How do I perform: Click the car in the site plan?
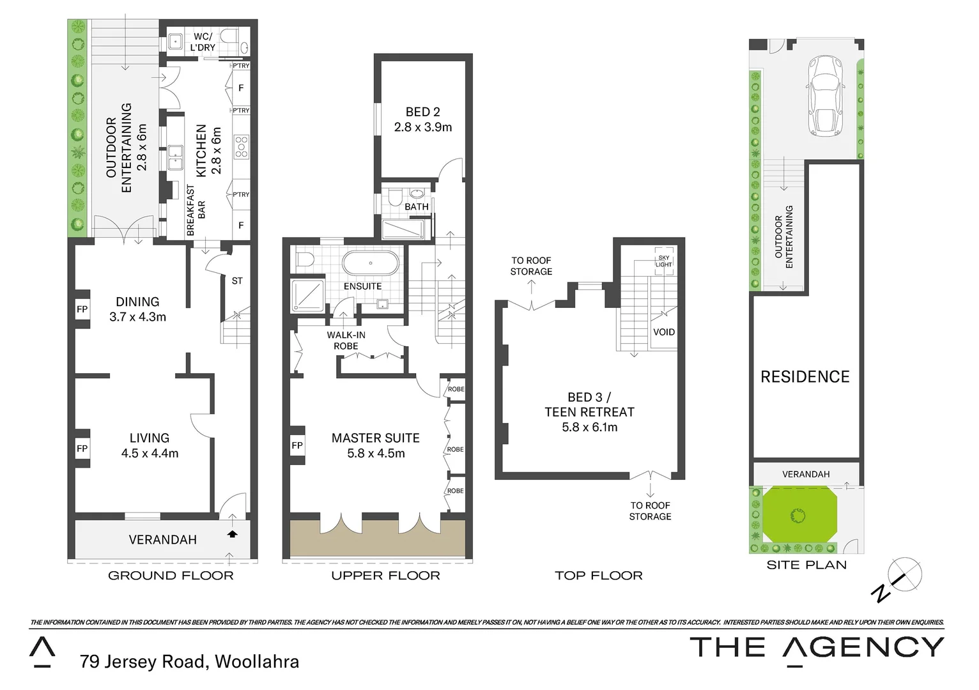pyautogui.click(x=824, y=96)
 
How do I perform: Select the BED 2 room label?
pyautogui.click(x=422, y=119)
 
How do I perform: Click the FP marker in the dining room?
pyautogui.click(x=82, y=310)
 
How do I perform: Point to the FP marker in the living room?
pyautogui.click(x=82, y=448)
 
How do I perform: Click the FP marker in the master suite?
pyautogui.click(x=297, y=445)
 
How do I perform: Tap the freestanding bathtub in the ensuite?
pyautogui.click(x=371, y=263)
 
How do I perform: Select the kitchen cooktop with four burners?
pyautogui.click(x=241, y=146)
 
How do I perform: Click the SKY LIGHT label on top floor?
pyautogui.click(x=663, y=261)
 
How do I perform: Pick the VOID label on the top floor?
pyautogui.click(x=663, y=332)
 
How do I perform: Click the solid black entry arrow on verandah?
pyautogui.click(x=232, y=533)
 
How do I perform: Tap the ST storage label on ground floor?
pyautogui.click(x=237, y=281)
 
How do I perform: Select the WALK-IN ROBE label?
pyautogui.click(x=346, y=341)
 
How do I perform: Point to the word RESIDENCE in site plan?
pyautogui.click(x=805, y=377)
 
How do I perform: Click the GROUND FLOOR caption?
pyautogui.click(x=171, y=576)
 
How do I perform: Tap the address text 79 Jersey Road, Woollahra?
pyautogui.click(x=189, y=661)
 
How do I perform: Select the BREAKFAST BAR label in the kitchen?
pyautogui.click(x=196, y=211)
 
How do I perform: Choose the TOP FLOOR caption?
pyautogui.click(x=598, y=576)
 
